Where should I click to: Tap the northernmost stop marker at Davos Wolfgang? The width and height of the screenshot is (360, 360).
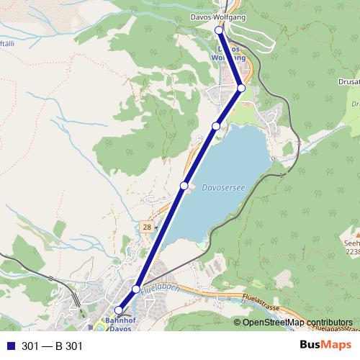pos(220,31)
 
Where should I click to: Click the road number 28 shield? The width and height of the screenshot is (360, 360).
pos(147,228)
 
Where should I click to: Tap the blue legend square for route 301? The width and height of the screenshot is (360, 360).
pos(9,346)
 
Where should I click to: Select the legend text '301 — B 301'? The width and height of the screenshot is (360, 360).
pos(53,346)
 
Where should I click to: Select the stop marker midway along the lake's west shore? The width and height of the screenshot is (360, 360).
pos(184,186)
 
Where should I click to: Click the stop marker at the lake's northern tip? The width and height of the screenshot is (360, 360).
pos(216,126)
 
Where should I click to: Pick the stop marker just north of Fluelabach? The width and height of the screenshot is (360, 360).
pos(135,289)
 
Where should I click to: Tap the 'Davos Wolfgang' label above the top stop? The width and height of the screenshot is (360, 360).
pos(217,17)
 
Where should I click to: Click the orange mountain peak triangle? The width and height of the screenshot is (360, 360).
pos(354,234)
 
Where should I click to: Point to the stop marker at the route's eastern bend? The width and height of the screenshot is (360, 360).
pos(241,87)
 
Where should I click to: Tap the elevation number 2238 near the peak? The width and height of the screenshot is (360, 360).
pos(352,252)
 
